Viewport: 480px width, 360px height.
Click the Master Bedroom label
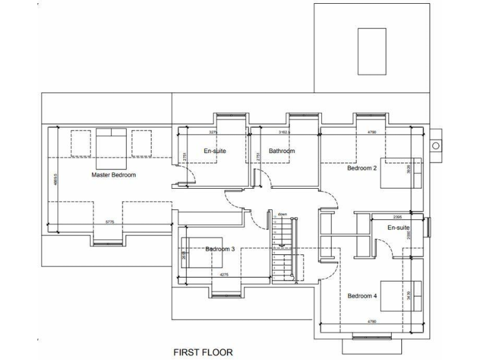113,175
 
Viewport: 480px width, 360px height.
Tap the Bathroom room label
282,151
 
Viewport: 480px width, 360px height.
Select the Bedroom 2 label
362,168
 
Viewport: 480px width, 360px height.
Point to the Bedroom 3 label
220,249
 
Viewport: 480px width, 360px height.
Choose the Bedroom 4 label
362,296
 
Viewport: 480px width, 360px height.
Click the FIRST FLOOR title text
203,352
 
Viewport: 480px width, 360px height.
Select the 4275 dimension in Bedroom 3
223,276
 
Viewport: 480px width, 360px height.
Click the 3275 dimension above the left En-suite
212,132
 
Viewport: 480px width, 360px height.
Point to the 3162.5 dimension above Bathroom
284,132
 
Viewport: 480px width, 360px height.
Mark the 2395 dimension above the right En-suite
397,217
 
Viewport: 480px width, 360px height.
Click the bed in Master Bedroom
112,148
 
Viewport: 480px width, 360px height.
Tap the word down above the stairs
282,214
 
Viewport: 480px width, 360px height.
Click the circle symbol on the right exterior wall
436,146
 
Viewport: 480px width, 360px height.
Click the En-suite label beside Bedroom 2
398,227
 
